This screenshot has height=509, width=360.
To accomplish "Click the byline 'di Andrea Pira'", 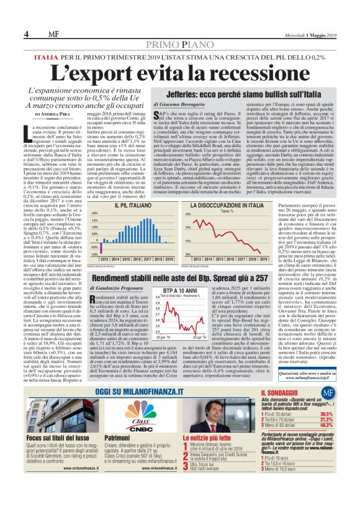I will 55,115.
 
